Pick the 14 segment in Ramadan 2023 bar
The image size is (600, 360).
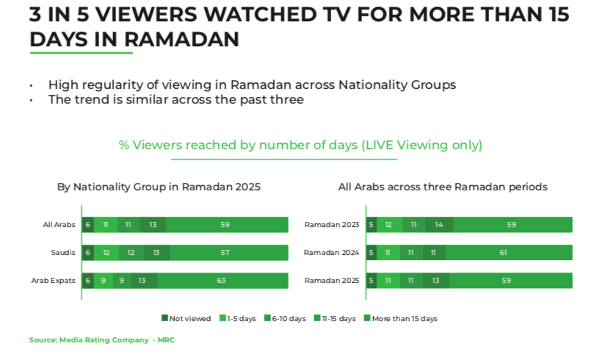point(439,225)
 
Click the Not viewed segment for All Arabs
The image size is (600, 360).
point(87,225)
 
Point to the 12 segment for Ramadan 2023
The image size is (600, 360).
point(389,225)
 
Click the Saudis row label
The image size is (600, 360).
point(63,253)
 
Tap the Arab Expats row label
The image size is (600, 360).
point(53,281)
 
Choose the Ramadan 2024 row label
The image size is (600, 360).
point(331,253)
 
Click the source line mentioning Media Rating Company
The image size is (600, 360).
point(101,340)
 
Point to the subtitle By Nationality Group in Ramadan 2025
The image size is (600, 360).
point(159,187)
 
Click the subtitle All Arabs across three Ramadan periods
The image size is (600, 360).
point(443,187)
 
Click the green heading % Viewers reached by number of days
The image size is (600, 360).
point(300,145)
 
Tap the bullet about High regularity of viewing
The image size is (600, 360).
point(252,85)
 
